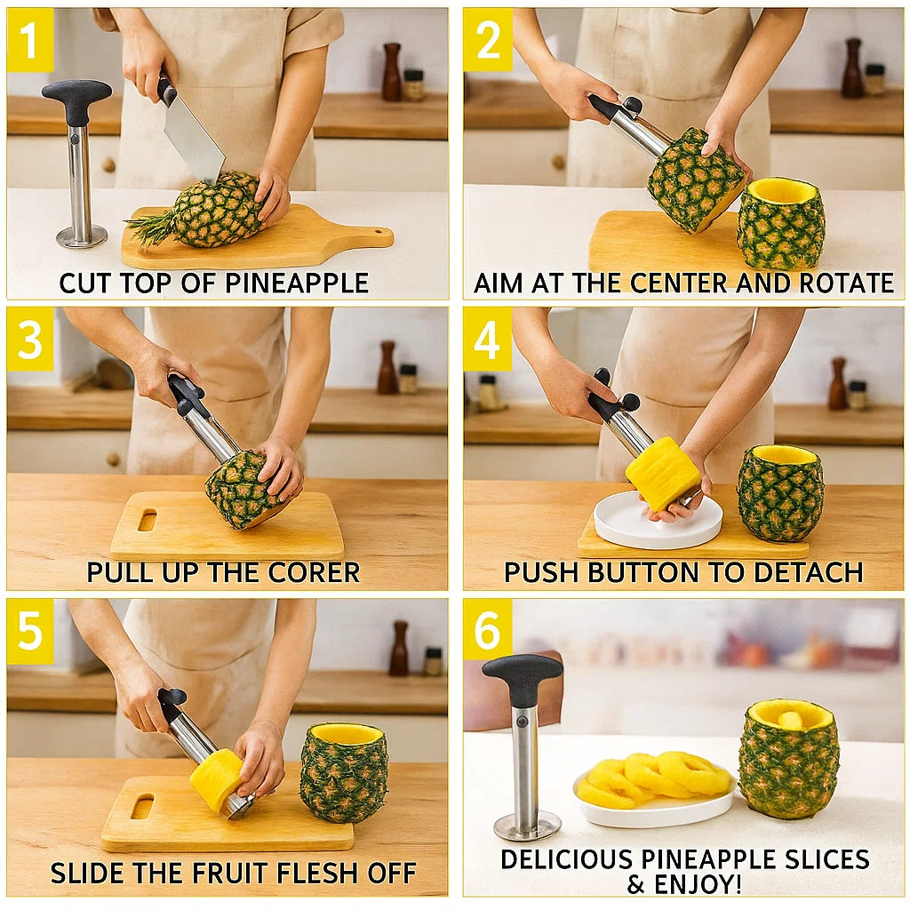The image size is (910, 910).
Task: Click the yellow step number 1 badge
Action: [30, 40]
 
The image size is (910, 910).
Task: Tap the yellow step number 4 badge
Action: [487, 339]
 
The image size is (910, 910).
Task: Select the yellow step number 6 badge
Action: [487, 630]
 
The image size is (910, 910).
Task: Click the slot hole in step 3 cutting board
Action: [147, 520]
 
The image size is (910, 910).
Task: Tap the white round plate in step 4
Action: [658, 526]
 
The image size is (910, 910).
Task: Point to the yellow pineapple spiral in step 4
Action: [662, 473]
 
